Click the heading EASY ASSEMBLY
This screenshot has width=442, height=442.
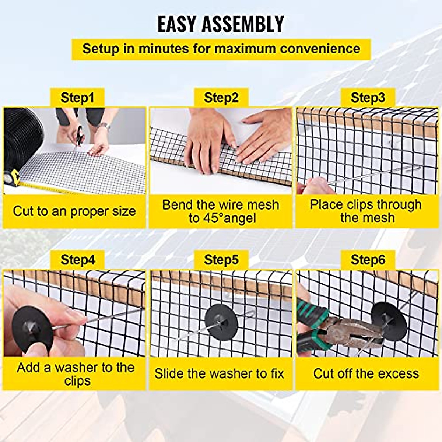[x=221, y=24]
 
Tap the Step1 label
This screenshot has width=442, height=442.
[x=77, y=98]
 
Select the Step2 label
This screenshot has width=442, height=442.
[x=221, y=98]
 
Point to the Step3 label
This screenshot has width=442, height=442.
[x=368, y=98]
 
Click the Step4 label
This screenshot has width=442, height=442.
[x=77, y=260]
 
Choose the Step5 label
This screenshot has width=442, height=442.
[x=221, y=260]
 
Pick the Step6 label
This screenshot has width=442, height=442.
[x=368, y=260]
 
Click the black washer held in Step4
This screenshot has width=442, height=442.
[x=28, y=330]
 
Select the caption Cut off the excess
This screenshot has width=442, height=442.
[x=366, y=373]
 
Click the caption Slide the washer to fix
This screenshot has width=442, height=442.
[x=220, y=373]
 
